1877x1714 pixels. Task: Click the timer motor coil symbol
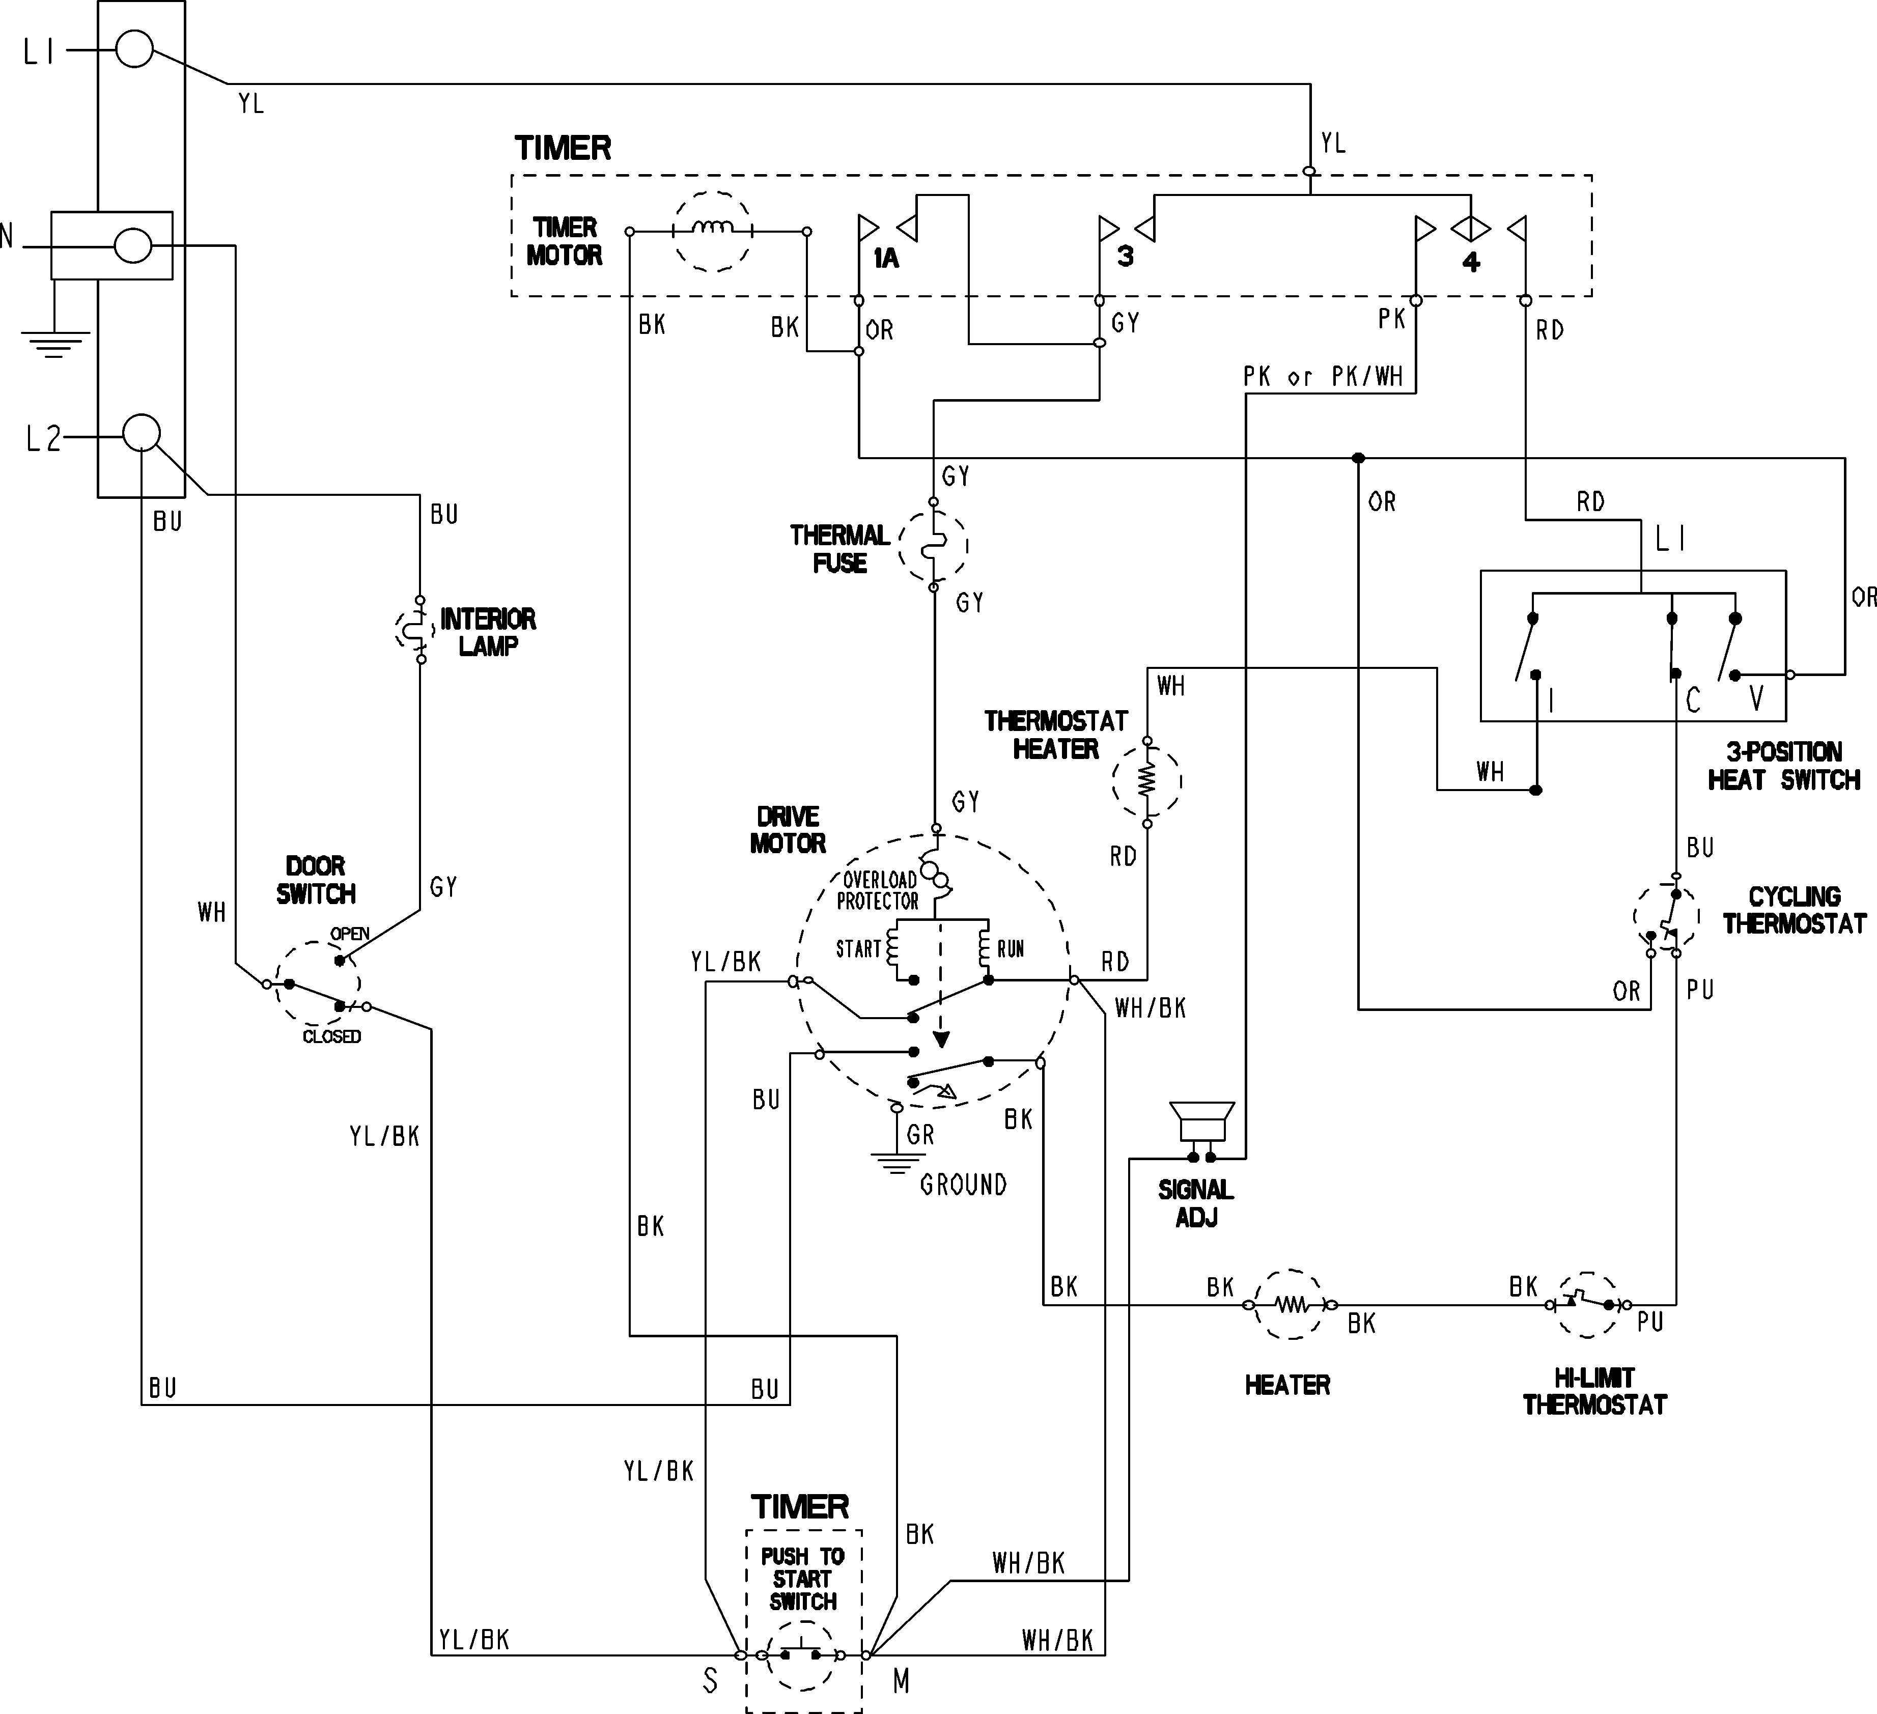712,231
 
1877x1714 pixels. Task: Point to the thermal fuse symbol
933,546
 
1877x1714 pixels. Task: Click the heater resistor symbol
1291,1304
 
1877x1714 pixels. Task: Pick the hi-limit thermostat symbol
1588,1304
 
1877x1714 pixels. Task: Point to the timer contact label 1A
885,259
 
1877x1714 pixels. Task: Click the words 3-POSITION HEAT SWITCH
1783,765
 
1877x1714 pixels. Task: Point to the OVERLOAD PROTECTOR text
878,890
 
